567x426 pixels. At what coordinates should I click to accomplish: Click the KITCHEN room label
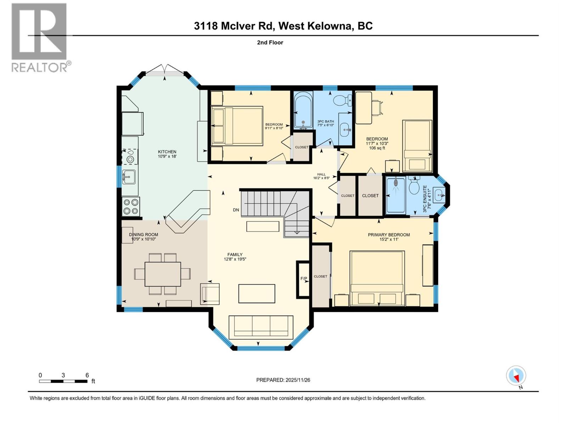click(x=167, y=152)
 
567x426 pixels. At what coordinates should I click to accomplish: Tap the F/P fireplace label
click(x=304, y=279)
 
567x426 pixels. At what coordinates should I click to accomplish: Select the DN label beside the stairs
click(x=236, y=210)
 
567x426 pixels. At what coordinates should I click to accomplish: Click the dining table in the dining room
click(x=163, y=274)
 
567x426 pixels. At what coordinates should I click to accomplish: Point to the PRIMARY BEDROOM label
click(x=389, y=235)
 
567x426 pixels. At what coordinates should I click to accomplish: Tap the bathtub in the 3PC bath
click(x=303, y=110)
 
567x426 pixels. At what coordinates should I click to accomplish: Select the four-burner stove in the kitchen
click(x=130, y=207)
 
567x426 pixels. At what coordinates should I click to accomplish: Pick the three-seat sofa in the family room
click(x=261, y=327)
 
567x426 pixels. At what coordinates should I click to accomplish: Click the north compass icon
click(x=516, y=376)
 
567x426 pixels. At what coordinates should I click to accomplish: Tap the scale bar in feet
click(x=63, y=381)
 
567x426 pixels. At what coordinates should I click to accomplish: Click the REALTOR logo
click(x=39, y=37)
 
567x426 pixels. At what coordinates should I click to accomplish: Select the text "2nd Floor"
click(x=270, y=43)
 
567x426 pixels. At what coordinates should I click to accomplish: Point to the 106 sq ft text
click(x=377, y=148)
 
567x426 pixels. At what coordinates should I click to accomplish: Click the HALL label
click(x=321, y=174)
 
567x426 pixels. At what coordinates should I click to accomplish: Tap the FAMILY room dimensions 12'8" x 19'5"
click(x=235, y=259)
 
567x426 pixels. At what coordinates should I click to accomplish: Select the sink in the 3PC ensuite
click(x=440, y=194)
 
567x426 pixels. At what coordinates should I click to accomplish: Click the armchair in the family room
click(x=209, y=294)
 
